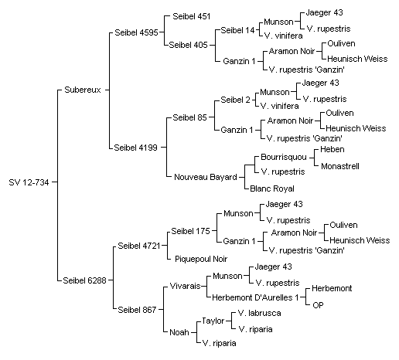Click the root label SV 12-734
pyautogui.click(x=29, y=182)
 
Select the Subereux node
pyautogui.click(x=83, y=90)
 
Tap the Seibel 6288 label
pyautogui.click(x=84, y=280)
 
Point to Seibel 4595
pyautogui.click(x=136, y=32)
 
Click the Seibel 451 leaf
pyautogui.click(x=192, y=16)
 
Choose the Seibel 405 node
pyautogui.click(x=188, y=45)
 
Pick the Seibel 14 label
pyautogui.click(x=237, y=30)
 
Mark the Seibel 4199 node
pyautogui.click(x=135, y=148)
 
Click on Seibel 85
pyautogui.click(x=189, y=117)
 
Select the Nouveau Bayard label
pyautogui.click(x=206, y=177)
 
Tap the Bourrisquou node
pyautogui.click(x=284, y=157)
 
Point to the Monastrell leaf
pyautogui.click(x=340, y=166)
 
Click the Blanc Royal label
pyautogui.click(x=272, y=188)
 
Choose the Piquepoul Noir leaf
pyautogui.click(x=201, y=259)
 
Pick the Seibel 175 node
pyautogui.click(x=190, y=231)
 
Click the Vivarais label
pyautogui.click(x=185, y=286)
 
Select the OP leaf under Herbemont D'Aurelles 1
pyautogui.click(x=318, y=305)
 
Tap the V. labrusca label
pyautogui.click(x=260, y=313)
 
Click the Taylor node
pyautogui.click(x=213, y=321)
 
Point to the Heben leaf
pyautogui.click(x=332, y=149)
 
